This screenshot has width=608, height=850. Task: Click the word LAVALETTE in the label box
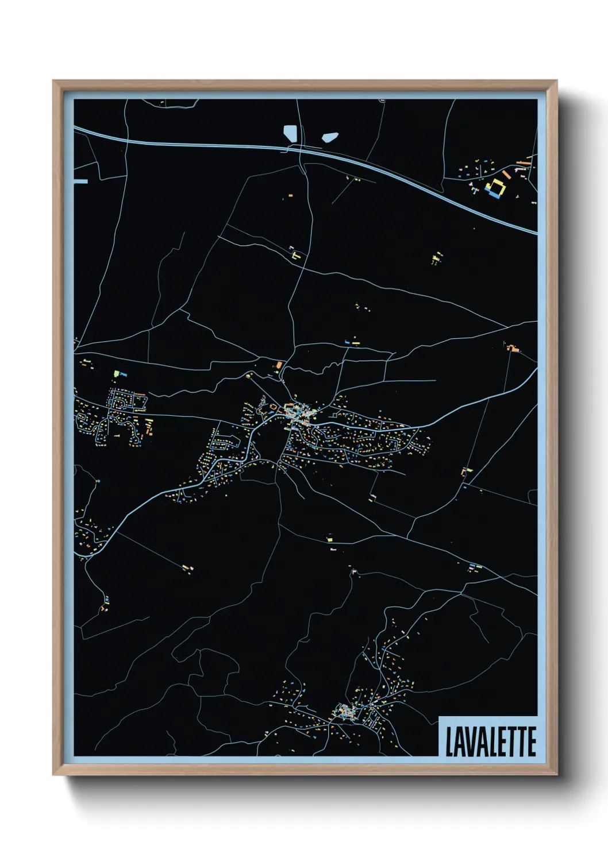coord(490,741)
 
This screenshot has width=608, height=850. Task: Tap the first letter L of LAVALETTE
coord(449,741)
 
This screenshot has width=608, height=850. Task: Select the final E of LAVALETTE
coord(532,741)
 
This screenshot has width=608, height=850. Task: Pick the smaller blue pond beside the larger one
coord(330,137)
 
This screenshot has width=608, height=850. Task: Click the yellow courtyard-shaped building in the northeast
coord(495,187)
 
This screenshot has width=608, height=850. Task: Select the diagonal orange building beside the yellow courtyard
coord(505,173)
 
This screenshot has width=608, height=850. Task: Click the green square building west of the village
coord(117,373)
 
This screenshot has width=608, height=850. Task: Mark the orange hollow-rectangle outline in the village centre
coord(291,411)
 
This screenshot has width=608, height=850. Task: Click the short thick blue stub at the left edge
coord(81,181)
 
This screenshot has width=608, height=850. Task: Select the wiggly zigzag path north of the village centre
coord(310,370)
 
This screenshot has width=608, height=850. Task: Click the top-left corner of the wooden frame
coord(54,82)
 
